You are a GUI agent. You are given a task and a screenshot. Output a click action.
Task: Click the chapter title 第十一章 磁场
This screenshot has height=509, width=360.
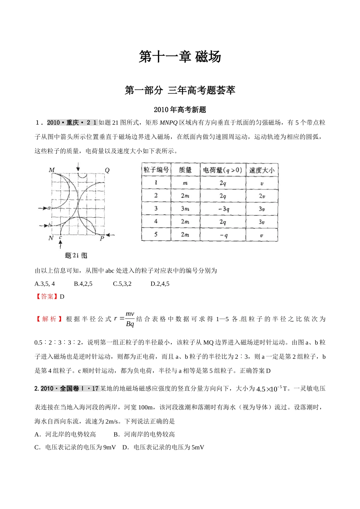pos(180,57)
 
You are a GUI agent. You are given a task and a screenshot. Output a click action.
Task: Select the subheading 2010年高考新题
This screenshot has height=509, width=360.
pos(180,110)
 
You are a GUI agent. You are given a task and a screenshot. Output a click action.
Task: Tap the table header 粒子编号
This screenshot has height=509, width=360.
pos(156,170)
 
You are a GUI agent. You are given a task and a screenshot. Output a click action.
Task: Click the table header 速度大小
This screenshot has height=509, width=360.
pos(261,170)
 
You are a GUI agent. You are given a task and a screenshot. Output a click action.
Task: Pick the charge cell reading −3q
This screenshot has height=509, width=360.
pos(223,209)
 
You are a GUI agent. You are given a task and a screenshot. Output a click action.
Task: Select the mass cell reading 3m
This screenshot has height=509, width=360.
pos(185,209)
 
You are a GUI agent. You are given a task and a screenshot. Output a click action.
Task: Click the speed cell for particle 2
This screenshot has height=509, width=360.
pos(261,196)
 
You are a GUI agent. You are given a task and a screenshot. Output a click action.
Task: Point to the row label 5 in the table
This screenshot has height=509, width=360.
pos(156,234)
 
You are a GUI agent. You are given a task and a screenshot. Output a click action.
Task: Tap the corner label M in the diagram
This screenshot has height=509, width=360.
pos(52,170)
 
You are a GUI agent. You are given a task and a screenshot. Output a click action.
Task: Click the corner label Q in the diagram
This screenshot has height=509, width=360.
pos(107,170)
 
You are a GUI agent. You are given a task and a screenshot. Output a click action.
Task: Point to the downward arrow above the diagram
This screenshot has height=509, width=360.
pos(78,167)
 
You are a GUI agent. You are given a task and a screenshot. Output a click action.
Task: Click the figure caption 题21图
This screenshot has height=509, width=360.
pos(76,255)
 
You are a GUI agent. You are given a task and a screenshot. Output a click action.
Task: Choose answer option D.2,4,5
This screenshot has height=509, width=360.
pos(160,284)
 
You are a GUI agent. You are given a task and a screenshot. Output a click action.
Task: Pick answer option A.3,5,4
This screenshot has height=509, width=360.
pos(45,284)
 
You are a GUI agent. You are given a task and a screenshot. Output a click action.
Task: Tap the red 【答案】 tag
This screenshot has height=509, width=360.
pos(47,297)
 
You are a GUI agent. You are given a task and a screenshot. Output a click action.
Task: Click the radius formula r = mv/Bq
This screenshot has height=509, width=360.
pos(125,319)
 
